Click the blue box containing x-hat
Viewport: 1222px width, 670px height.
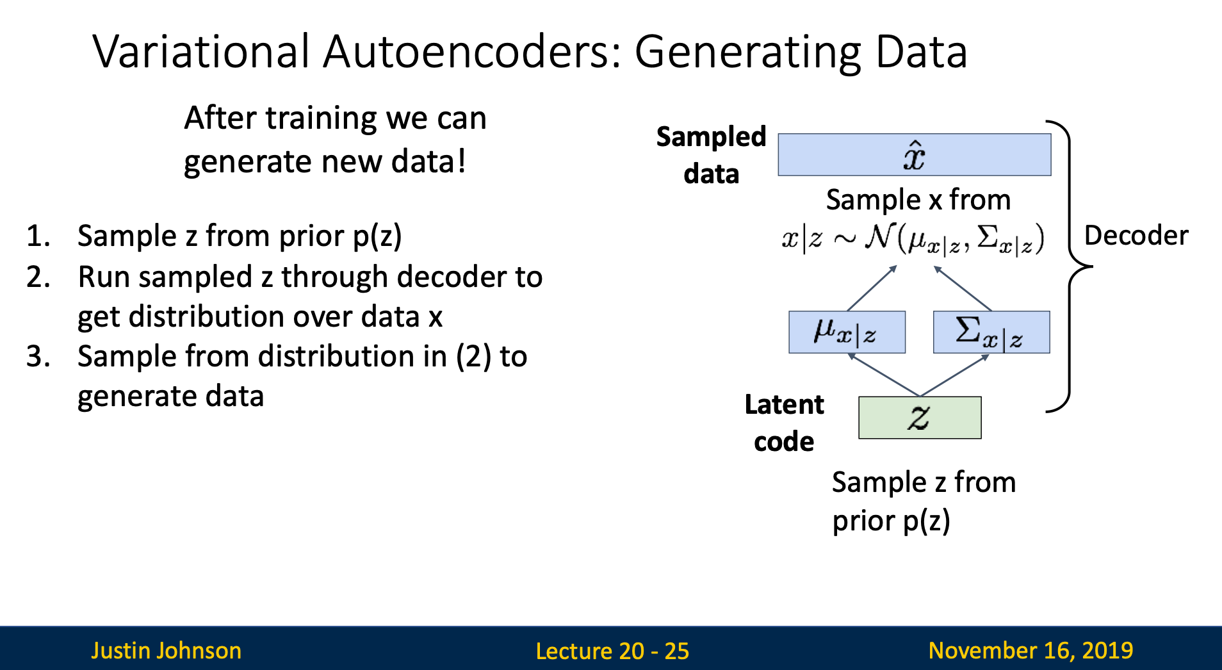coord(914,154)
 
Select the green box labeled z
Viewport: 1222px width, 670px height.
coord(920,418)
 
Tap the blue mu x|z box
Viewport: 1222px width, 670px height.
coord(847,332)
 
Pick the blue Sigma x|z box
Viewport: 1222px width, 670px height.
coord(991,332)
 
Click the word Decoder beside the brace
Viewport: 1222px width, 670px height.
coord(1136,235)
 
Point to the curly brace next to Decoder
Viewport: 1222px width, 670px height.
coord(1069,266)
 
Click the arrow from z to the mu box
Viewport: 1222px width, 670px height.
coord(884,375)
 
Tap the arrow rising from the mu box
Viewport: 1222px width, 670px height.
coord(872,288)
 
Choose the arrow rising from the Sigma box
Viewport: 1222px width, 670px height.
coord(963,288)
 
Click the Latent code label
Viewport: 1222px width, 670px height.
coord(784,423)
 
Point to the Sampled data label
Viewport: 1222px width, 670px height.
coord(711,155)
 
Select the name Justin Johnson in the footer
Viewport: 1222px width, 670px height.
coord(166,650)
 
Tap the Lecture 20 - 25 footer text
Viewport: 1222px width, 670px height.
coord(612,651)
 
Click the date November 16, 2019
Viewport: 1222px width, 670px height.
coord(1031,650)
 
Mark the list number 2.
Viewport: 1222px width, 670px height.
coord(38,277)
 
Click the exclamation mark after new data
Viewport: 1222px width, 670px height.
coord(461,161)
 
